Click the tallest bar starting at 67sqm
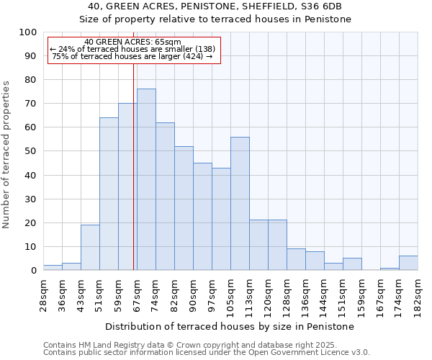coord(146,179)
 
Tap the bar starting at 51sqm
coord(109,194)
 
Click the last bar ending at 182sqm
coord(408,263)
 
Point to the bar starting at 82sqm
coord(184,208)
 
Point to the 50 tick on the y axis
coord(30,151)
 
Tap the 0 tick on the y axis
coord(33,270)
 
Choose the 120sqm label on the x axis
coord(268,293)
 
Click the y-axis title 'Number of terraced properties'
coord(6,155)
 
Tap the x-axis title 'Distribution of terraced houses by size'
coord(230,326)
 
